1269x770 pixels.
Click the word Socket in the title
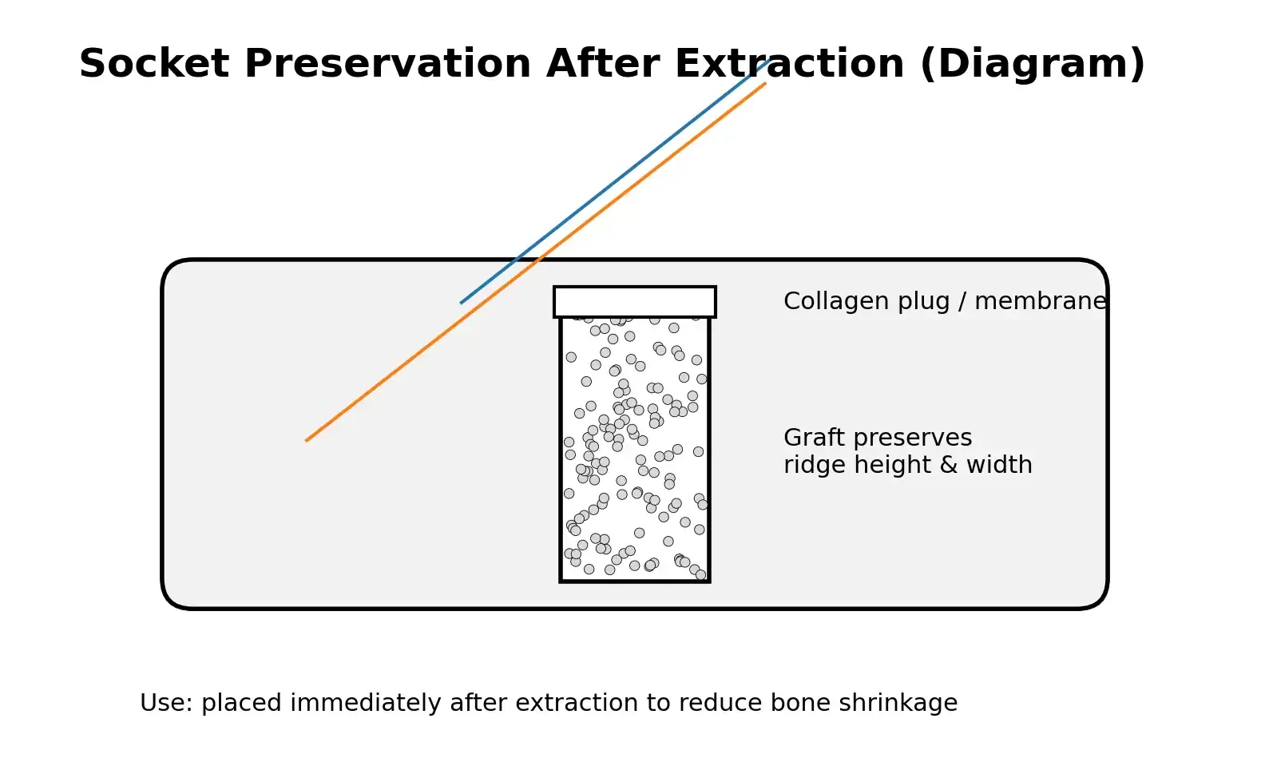pos(154,64)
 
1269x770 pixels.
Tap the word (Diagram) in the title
pos(1033,64)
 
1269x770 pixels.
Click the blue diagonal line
pos(615,182)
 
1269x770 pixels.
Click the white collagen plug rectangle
pos(635,302)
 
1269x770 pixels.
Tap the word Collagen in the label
pos(827,301)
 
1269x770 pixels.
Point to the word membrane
pos(1041,301)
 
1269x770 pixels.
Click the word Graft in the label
pos(808,438)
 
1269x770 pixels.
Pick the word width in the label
pos(999,465)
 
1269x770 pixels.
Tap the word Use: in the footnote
pos(166,703)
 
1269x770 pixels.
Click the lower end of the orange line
pos(307,439)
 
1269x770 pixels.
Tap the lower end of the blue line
pos(462,302)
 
